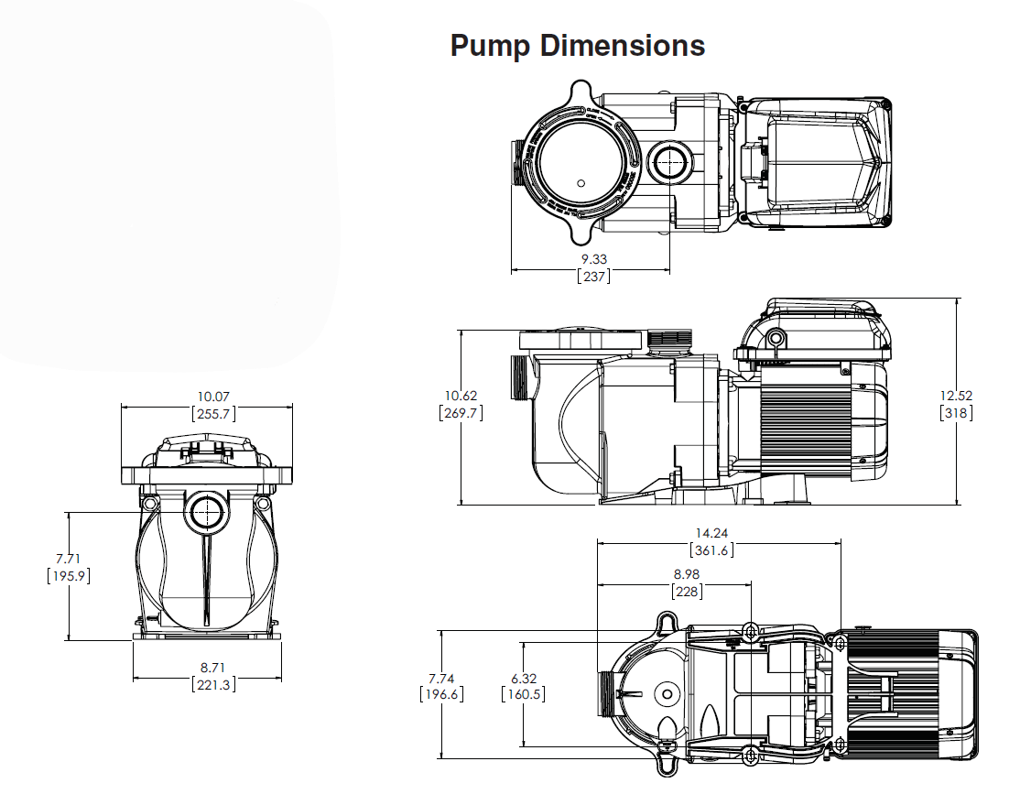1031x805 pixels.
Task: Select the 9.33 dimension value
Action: tap(593, 259)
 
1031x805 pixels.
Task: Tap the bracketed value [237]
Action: tap(593, 276)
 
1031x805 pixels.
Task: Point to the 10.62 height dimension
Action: tap(461, 396)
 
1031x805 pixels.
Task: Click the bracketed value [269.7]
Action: tap(461, 412)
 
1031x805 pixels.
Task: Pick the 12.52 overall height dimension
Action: tap(956, 396)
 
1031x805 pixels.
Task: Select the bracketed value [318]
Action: tap(956, 412)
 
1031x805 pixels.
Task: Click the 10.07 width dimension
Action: tap(213, 397)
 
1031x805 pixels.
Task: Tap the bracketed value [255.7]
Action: tap(213, 413)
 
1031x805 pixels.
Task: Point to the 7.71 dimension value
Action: tap(69, 559)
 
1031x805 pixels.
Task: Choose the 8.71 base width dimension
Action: tap(213, 668)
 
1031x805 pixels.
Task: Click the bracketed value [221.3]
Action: tap(213, 684)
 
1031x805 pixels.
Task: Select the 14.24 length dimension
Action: tap(711, 533)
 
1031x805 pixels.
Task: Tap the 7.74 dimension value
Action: tap(441, 678)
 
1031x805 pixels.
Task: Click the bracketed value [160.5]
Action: tap(524, 694)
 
